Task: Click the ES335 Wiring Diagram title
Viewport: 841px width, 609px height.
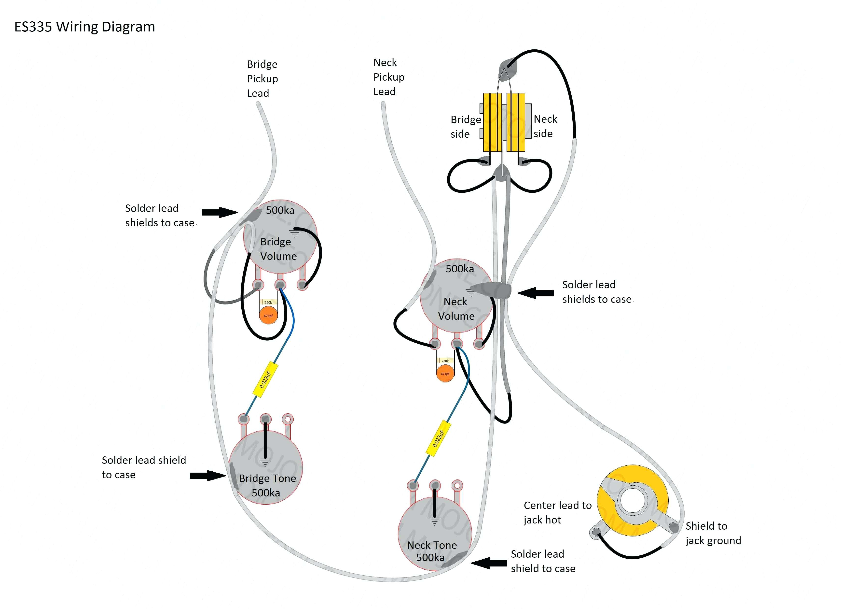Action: click(84, 27)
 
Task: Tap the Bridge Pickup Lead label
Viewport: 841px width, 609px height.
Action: click(262, 79)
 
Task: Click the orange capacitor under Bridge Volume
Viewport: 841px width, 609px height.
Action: click(268, 316)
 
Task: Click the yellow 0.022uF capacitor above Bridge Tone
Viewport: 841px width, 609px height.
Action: click(265, 379)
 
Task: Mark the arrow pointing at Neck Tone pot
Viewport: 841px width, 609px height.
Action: click(489, 563)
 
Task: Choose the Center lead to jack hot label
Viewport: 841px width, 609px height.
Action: click(557, 512)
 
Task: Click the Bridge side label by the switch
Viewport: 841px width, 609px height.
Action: click(465, 127)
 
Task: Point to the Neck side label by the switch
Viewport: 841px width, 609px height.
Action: click(545, 126)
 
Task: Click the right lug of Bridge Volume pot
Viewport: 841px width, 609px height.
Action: click(303, 285)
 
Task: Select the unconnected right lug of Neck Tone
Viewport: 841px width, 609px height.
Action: click(457, 485)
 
